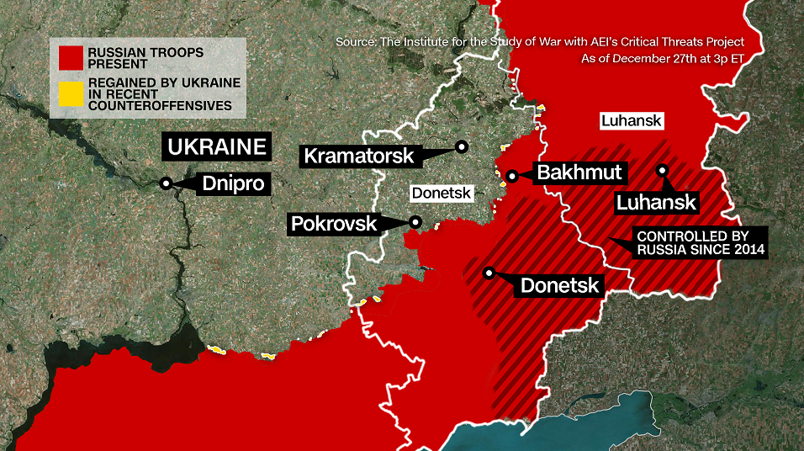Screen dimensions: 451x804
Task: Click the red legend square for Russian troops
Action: (71, 57)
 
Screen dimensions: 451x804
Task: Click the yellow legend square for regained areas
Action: (71, 94)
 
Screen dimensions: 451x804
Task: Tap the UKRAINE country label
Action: (218, 147)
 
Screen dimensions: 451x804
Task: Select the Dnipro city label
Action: (233, 184)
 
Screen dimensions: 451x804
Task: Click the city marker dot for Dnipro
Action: (167, 183)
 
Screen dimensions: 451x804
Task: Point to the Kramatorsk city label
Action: (358, 156)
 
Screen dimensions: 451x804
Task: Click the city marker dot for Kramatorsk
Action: (461, 146)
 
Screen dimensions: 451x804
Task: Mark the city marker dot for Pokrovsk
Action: (415, 223)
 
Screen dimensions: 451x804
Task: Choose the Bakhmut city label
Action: (580, 173)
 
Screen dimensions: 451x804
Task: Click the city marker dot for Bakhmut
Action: (511, 177)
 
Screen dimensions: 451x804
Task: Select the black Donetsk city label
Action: (559, 285)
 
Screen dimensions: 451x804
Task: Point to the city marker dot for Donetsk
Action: (489, 273)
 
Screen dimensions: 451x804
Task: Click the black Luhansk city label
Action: (656, 202)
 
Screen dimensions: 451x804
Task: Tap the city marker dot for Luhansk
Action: (663, 170)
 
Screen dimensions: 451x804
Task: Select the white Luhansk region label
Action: (632, 121)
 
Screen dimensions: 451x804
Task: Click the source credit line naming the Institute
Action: (539, 41)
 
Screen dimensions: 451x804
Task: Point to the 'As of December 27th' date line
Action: (662, 59)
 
